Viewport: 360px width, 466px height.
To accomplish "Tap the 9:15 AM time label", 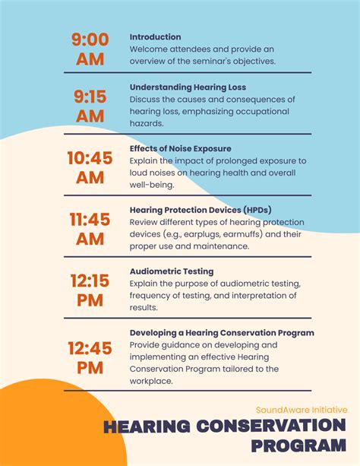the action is (x=90, y=106).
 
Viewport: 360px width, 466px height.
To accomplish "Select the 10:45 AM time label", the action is (x=90, y=166).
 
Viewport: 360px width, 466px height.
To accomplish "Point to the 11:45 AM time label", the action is (x=90, y=228).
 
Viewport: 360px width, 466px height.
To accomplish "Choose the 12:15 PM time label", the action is (x=90, y=290).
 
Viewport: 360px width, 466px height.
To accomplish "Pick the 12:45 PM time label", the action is (x=90, y=357).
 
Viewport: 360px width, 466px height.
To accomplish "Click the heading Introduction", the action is (x=155, y=36).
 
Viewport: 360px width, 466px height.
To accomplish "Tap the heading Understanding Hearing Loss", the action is (x=188, y=87).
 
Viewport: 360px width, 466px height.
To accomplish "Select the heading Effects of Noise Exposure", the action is (x=180, y=148).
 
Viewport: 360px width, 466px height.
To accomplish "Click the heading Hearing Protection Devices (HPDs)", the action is (x=201, y=209).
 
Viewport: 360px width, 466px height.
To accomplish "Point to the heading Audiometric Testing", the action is (x=171, y=271).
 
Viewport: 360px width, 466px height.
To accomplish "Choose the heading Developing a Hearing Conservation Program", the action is (x=222, y=332).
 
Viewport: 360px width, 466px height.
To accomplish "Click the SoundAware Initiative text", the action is (x=301, y=409).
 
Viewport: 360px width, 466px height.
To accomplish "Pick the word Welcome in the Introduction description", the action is (x=150, y=49).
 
